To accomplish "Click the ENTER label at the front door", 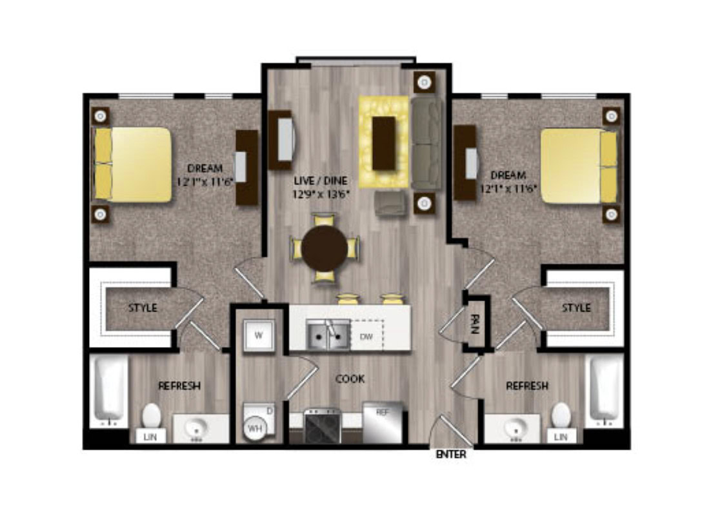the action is point(451,454).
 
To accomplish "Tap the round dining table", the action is point(325,248).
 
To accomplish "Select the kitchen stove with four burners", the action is point(323,426).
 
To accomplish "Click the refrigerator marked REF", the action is point(383,422).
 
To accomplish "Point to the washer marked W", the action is point(259,335).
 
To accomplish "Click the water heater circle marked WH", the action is point(255,428).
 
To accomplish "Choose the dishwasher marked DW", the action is point(367,335).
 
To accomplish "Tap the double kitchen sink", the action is point(328,335).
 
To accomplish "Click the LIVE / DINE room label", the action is point(321,181).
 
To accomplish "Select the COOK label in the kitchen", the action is point(350,379).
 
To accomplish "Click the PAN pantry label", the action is point(475,324).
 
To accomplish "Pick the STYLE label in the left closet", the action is point(143,308).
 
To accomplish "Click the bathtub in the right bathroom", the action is point(605,391).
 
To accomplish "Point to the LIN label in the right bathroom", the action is point(561,437).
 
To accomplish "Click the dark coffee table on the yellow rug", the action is point(384,143).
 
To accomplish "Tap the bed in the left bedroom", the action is point(132,164).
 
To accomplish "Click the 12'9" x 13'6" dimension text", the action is point(321,195).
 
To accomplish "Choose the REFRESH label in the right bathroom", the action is point(527,386).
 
